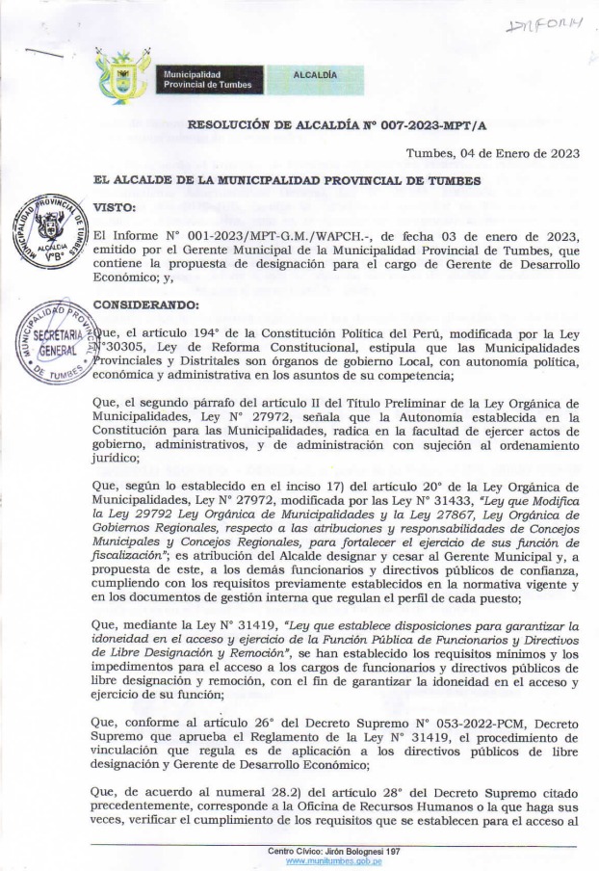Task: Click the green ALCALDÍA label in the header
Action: pos(314,74)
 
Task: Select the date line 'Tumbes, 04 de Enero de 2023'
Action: pos(491,153)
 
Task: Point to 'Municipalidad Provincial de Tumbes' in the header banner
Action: pos(207,79)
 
